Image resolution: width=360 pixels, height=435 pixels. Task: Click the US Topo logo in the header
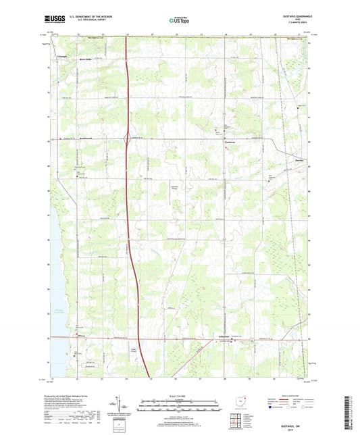(179, 21)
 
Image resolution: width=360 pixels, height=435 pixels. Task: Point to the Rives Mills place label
(87, 59)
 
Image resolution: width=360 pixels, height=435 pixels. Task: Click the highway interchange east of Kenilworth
(128, 139)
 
